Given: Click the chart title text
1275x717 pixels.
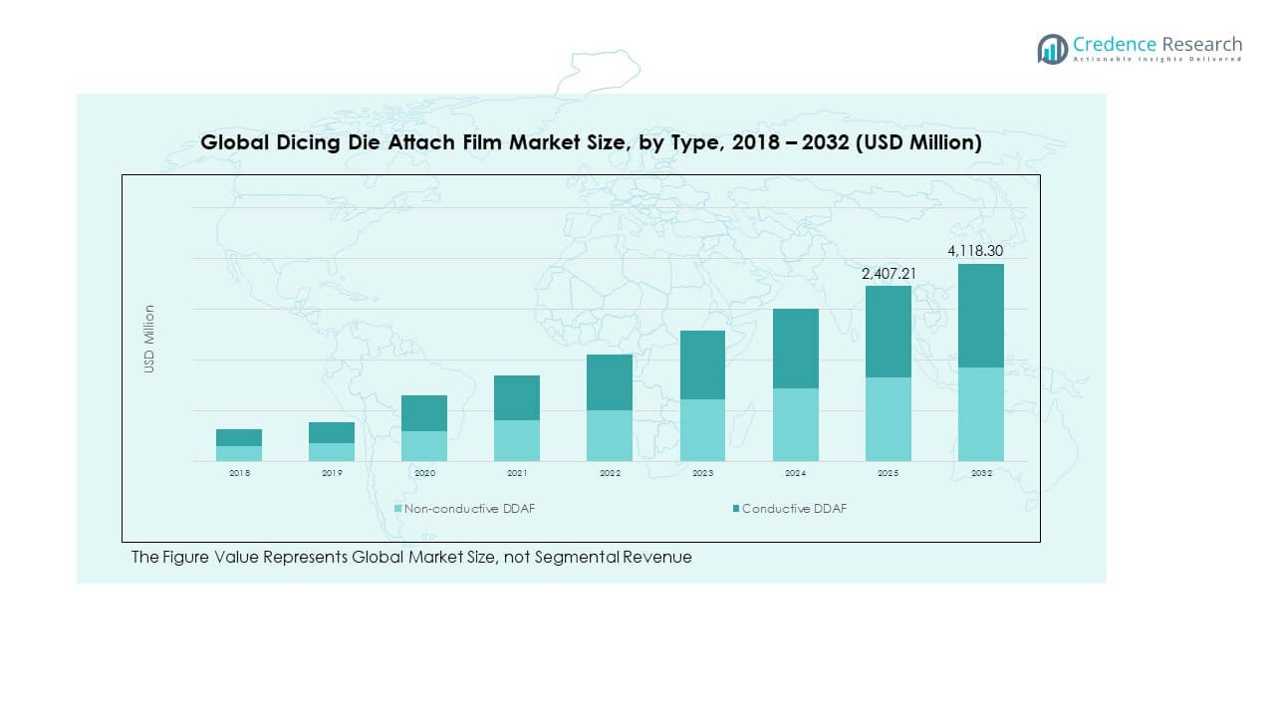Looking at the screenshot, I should click(x=591, y=142).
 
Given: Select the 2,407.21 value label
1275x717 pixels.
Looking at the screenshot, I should click(x=889, y=273).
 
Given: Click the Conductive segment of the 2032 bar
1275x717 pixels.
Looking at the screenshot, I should click(x=981, y=316).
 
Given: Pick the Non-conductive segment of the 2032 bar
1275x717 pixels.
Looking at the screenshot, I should click(x=981, y=414).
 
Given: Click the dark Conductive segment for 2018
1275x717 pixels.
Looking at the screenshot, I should click(x=239, y=437).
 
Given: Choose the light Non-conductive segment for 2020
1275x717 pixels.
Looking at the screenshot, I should click(x=424, y=446).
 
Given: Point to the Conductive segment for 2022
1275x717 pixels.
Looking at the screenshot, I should click(x=610, y=382).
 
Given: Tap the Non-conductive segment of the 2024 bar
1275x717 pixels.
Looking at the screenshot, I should click(x=796, y=424).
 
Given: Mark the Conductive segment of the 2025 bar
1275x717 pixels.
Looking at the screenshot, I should click(x=889, y=332).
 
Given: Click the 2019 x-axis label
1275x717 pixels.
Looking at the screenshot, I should click(x=332, y=473).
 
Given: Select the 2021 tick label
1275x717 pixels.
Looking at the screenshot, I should click(x=517, y=473).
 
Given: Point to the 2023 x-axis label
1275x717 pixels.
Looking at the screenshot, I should click(x=702, y=473).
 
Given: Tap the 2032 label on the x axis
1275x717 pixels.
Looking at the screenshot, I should click(x=981, y=473).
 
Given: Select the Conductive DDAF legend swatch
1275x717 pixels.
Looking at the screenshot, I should click(x=736, y=509).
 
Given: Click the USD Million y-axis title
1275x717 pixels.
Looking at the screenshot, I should click(x=149, y=339).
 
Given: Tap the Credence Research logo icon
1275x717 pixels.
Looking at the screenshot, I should click(x=1052, y=49).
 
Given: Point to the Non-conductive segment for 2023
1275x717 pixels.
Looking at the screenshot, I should click(x=702, y=430).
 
